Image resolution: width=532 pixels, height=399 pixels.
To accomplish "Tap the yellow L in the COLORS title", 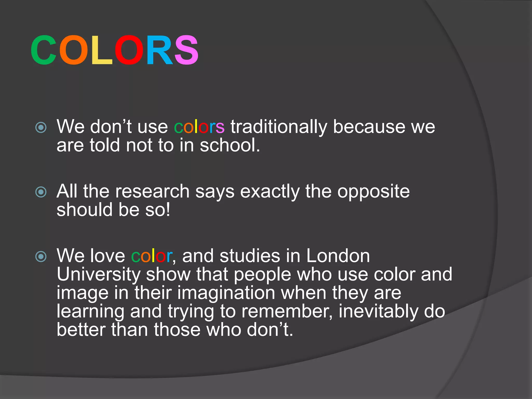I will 101,50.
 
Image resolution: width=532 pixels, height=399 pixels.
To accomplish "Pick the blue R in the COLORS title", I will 159,50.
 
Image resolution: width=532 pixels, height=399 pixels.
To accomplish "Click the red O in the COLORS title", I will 129,50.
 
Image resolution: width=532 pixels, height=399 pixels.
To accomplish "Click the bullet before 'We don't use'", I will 41,128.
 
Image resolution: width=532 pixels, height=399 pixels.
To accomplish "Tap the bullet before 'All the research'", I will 41,192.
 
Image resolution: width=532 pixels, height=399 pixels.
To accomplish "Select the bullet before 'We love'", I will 41,257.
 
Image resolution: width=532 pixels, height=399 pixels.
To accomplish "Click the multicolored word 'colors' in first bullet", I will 199,127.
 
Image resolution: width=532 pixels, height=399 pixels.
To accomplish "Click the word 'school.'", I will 230,145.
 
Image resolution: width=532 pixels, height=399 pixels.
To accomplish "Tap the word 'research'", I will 152,192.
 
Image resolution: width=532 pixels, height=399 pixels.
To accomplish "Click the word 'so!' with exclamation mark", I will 157,210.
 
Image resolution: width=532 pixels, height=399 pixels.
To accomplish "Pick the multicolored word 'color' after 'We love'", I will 152,256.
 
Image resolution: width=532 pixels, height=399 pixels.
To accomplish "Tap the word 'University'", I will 98,275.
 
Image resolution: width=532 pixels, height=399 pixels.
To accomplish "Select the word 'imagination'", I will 226,293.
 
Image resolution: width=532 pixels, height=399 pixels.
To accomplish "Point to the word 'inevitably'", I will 378,312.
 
